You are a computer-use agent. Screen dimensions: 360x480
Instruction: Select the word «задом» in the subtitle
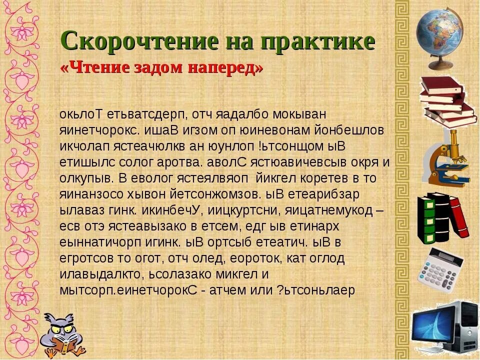(157, 68)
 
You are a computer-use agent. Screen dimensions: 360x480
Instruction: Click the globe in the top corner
(439, 35)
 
